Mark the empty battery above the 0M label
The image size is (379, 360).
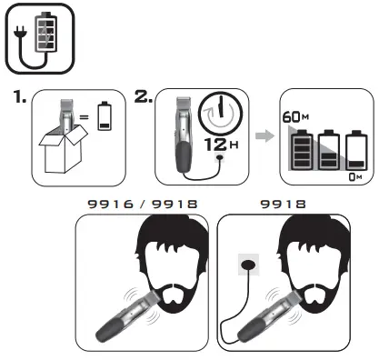[354, 152]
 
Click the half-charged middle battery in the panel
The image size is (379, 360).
[327, 153]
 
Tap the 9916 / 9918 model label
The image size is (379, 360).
[144, 206]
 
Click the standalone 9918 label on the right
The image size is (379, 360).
[284, 206]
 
